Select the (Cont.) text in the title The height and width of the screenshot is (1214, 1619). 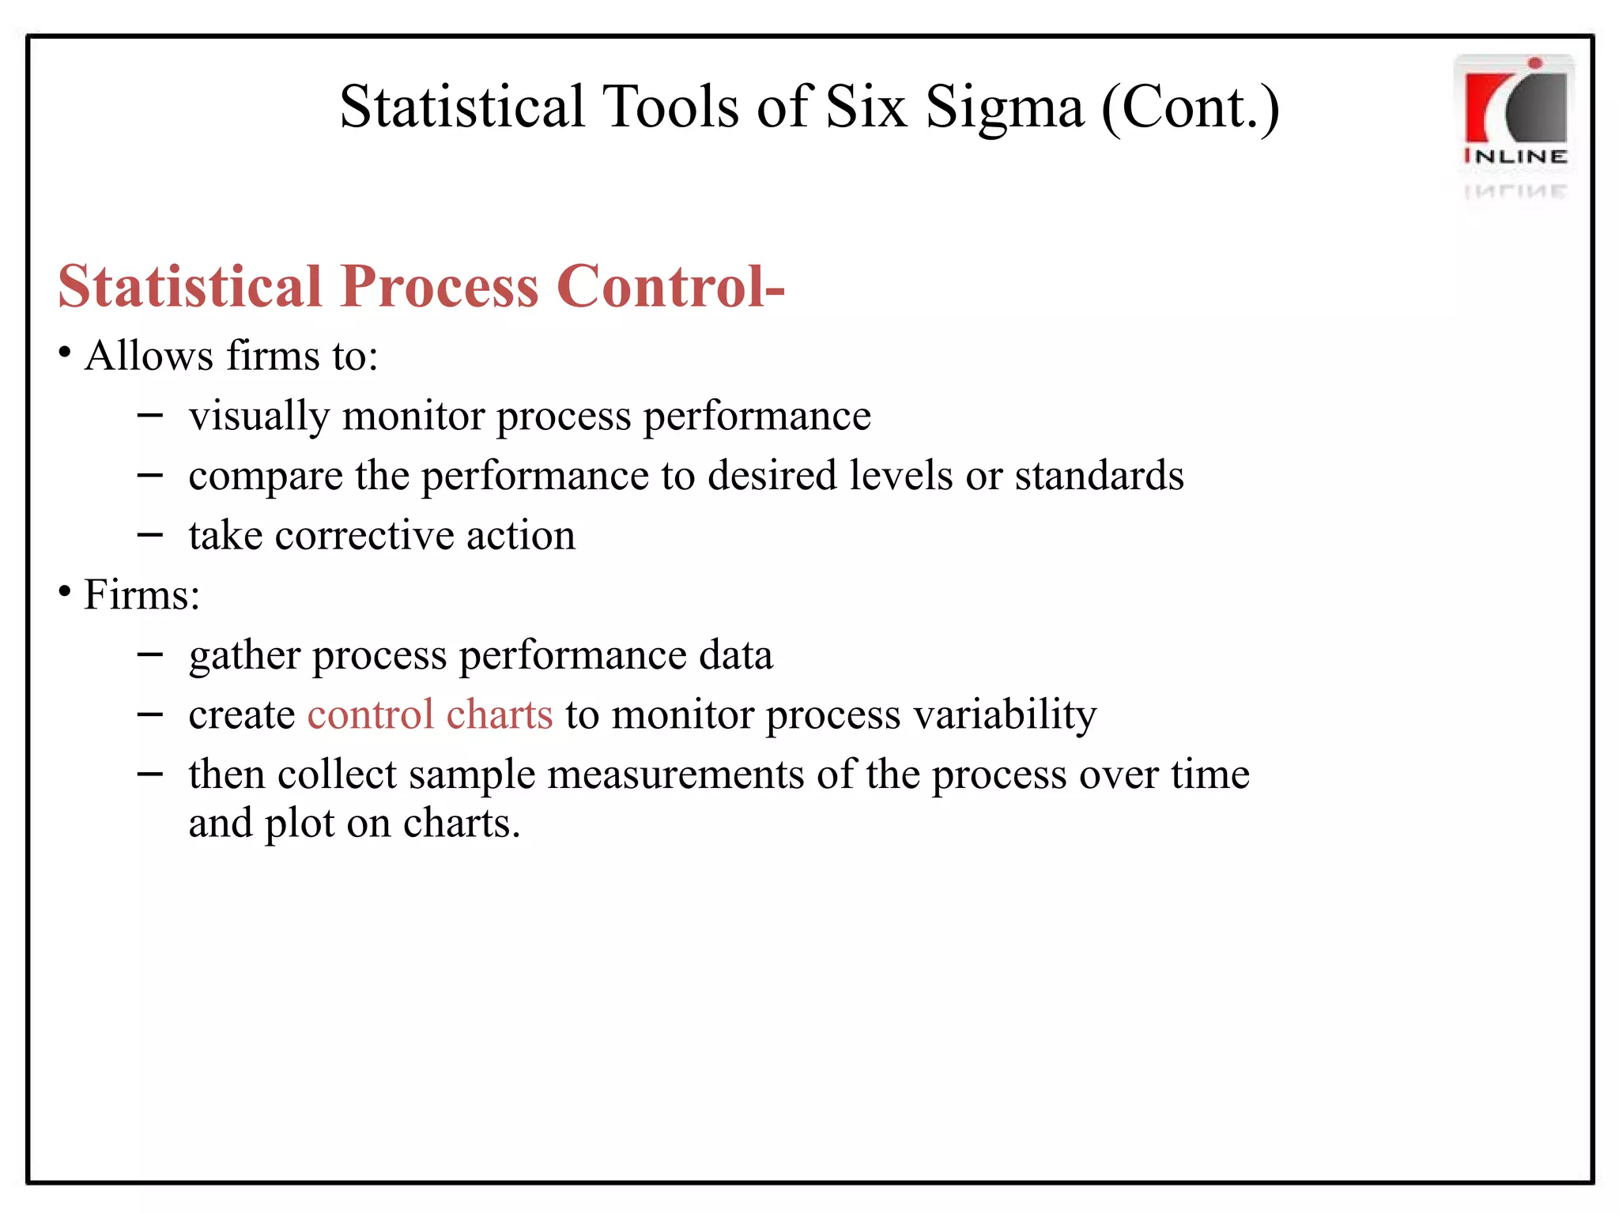[1190, 107]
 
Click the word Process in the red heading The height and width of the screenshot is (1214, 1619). [440, 285]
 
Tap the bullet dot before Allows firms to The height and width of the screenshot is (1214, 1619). [65, 350]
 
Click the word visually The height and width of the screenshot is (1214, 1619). [259, 416]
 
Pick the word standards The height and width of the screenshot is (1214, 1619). [1099, 476]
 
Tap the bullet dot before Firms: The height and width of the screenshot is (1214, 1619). [65, 590]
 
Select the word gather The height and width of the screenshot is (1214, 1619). [245, 656]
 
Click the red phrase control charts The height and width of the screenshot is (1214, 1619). [430, 714]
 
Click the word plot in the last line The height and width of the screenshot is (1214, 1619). [300, 824]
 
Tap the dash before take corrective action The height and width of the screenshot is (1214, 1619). [149, 534]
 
